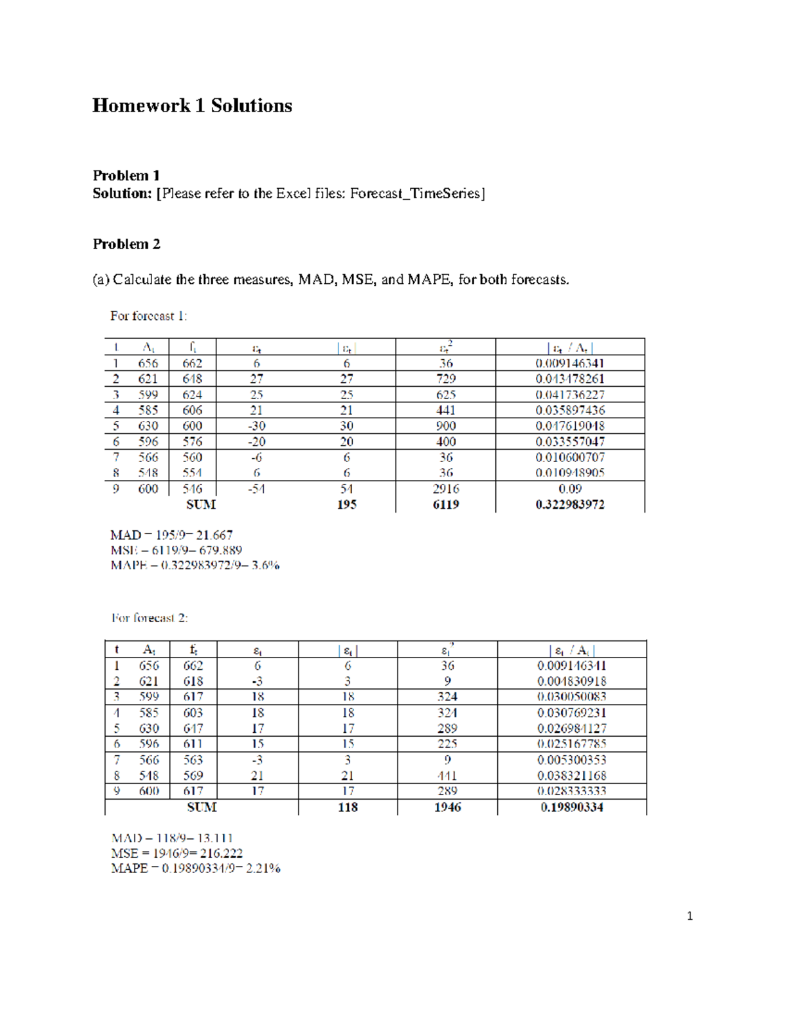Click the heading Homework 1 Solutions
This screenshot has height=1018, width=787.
pyautogui.click(x=192, y=106)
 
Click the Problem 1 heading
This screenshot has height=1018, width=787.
pyautogui.click(x=126, y=176)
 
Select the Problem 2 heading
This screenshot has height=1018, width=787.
pyautogui.click(x=126, y=245)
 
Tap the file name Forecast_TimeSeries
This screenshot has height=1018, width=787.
pyautogui.click(x=415, y=193)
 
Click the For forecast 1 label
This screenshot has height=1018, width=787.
pyautogui.click(x=148, y=316)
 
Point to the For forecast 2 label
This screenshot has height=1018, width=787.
pyautogui.click(x=150, y=618)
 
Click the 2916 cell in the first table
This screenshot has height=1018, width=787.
pyautogui.click(x=446, y=489)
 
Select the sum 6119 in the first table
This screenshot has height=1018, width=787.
pyautogui.click(x=446, y=505)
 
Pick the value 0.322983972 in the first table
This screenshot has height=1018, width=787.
pyautogui.click(x=570, y=505)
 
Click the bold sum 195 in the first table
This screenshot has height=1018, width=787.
pyautogui.click(x=346, y=505)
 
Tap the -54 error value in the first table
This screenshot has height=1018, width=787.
pyautogui.click(x=256, y=489)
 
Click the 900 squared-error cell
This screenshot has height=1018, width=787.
pyautogui.click(x=446, y=426)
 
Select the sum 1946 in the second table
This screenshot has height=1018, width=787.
pyautogui.click(x=447, y=808)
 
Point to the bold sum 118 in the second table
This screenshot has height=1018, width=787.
pyautogui.click(x=348, y=808)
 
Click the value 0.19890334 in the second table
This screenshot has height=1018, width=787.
pyautogui.click(x=572, y=808)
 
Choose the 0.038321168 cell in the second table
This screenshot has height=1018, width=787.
pyautogui.click(x=572, y=775)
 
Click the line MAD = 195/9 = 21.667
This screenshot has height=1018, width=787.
pyautogui.click(x=171, y=536)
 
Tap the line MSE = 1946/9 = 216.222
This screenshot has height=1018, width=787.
pyautogui.click(x=177, y=853)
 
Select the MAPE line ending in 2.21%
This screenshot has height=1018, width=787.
pyautogui.click(x=196, y=869)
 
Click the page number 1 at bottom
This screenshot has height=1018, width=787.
pyautogui.click(x=689, y=916)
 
